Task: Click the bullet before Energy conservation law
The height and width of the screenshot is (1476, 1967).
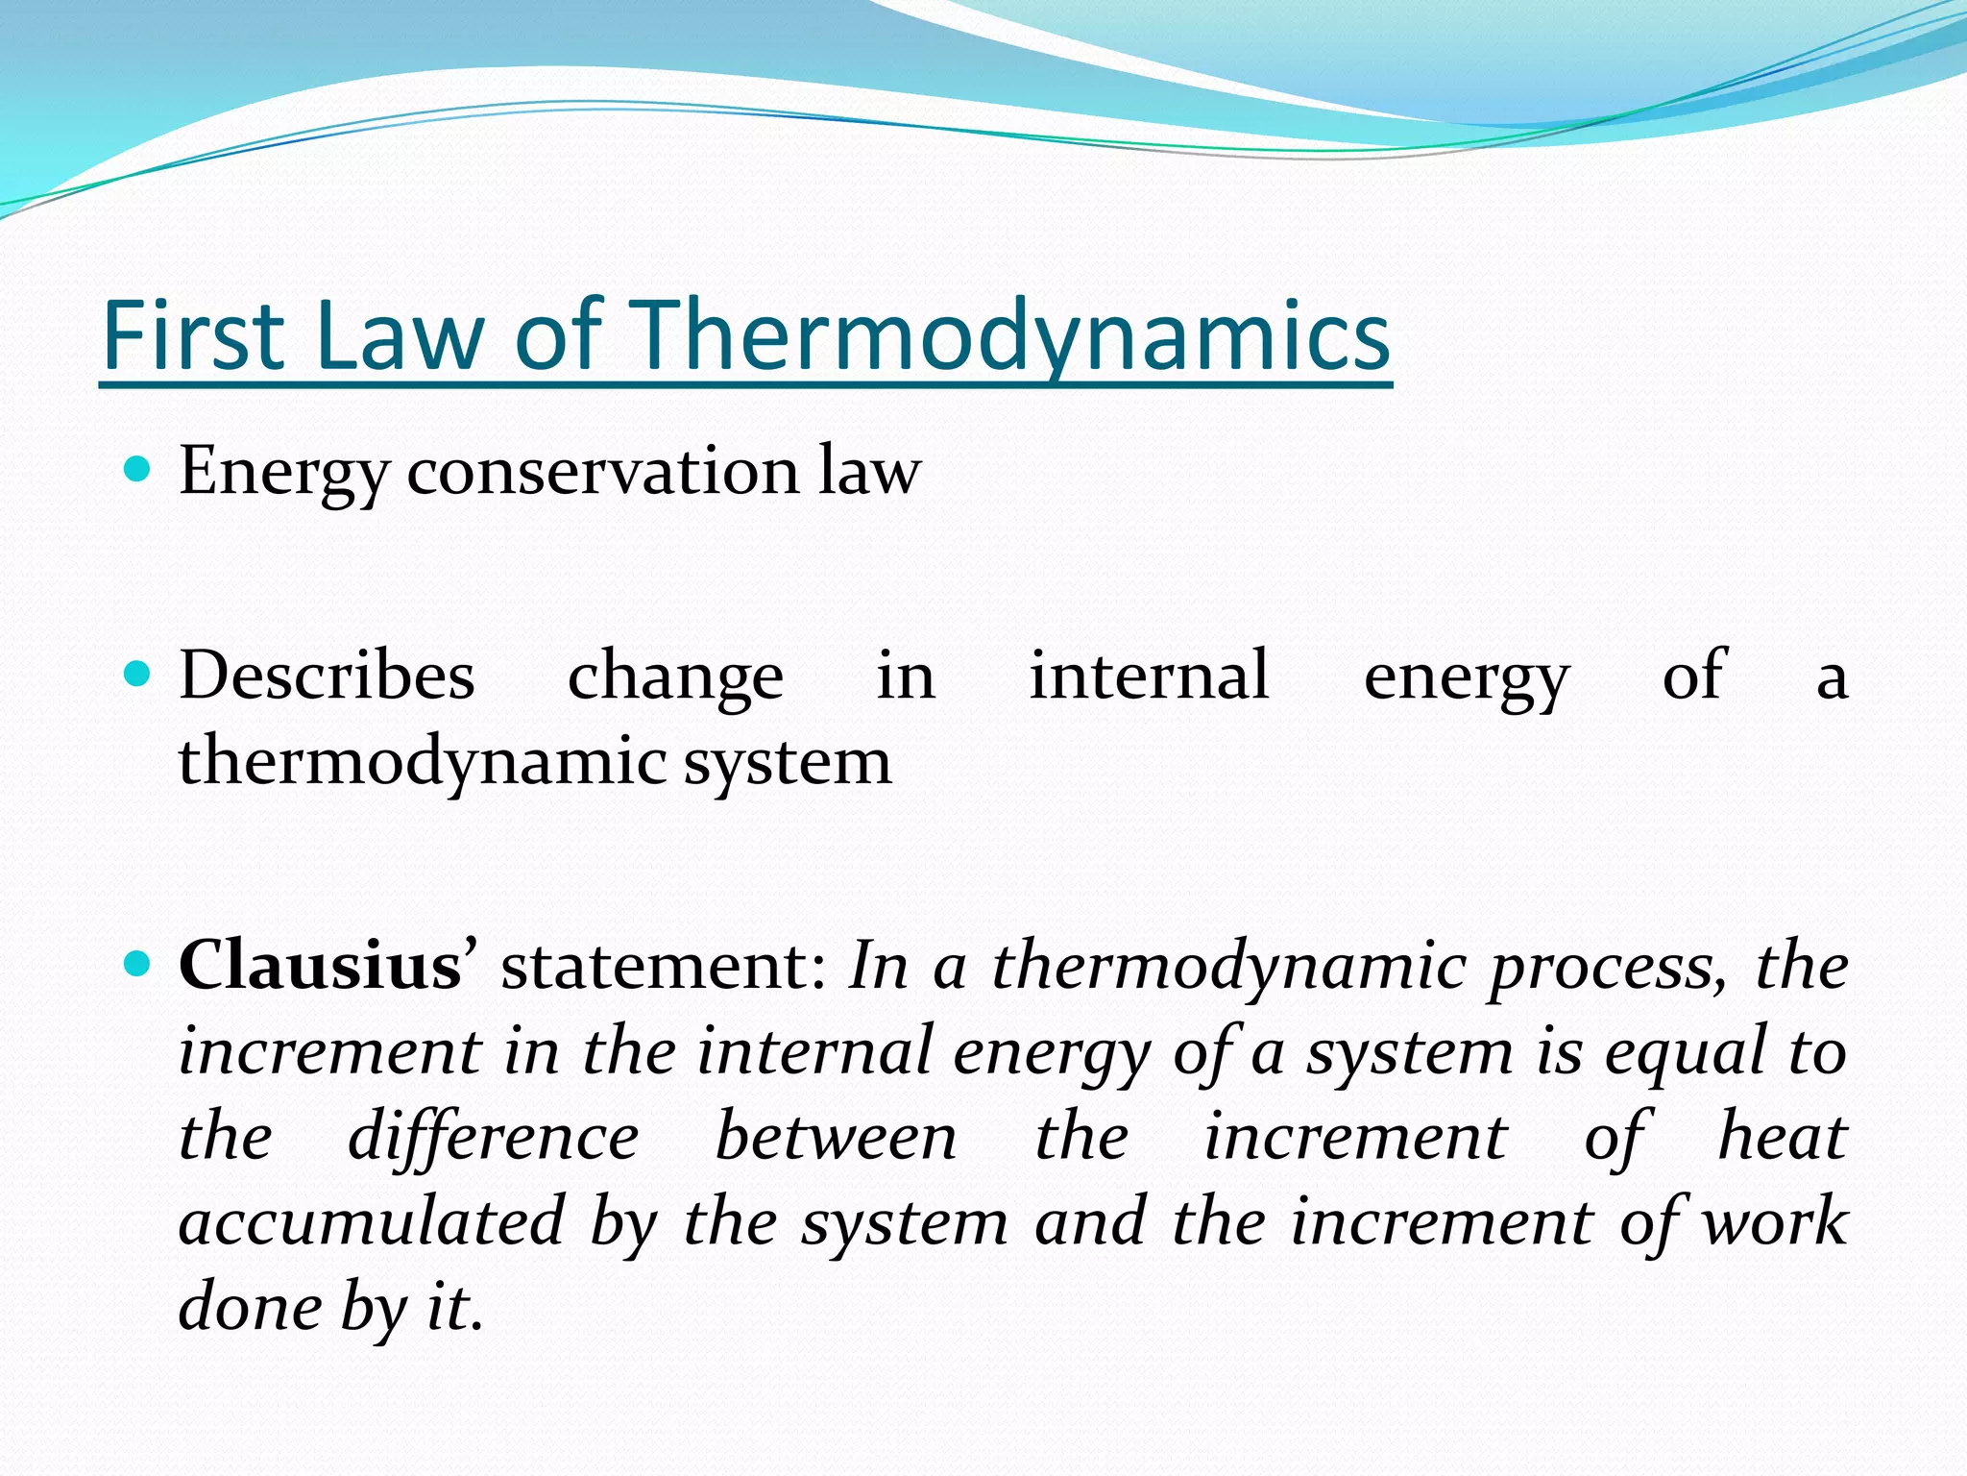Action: [x=138, y=469]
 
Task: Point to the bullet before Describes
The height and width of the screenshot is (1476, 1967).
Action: [x=138, y=674]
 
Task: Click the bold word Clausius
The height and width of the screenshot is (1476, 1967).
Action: [x=321, y=965]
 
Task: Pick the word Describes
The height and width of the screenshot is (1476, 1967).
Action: [x=327, y=675]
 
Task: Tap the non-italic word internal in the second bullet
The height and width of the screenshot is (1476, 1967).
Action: [x=1149, y=675]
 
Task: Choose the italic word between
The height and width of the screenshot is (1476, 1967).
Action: [x=836, y=1137]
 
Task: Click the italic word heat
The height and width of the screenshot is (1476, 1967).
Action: [x=1782, y=1137]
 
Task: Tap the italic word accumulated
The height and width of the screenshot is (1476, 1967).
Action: [x=372, y=1221]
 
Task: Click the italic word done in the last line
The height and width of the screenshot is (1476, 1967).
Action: [x=241, y=1306]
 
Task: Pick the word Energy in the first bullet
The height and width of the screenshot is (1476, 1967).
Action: [x=284, y=473]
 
